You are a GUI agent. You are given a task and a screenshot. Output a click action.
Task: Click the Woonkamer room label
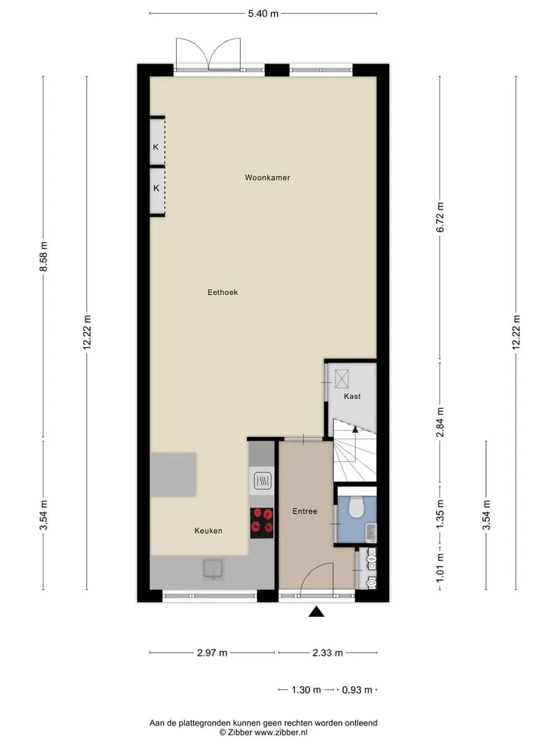pos(267,178)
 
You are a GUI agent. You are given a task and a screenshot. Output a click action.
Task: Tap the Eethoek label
pos(223,293)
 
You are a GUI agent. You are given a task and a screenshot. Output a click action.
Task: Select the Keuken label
pos(208,531)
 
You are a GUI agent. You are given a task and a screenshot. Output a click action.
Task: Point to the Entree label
pos(304,511)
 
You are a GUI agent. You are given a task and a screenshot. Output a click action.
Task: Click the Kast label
pos(352,397)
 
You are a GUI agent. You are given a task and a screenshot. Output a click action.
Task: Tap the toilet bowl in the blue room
pos(356,507)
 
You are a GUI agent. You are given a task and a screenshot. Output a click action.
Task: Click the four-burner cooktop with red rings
pos(262,520)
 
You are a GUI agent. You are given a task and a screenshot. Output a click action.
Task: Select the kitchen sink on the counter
pos(214,570)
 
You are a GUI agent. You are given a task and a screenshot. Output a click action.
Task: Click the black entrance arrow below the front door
pos(316,612)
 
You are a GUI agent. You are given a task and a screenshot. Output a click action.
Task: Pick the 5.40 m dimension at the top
pos(263,14)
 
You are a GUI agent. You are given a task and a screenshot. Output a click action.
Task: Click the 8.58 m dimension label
pos(43,257)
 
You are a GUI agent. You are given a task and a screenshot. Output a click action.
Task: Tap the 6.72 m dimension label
pos(440,217)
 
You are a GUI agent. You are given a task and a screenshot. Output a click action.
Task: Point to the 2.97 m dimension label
pos(213,653)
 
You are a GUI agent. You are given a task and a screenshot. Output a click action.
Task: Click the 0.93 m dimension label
pos(357,690)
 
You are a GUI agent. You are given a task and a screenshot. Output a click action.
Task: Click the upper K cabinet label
pos(155,147)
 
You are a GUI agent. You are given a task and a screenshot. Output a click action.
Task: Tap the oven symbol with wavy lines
pos(262,481)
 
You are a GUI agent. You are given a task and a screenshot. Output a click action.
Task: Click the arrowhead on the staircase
pos(355,429)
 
